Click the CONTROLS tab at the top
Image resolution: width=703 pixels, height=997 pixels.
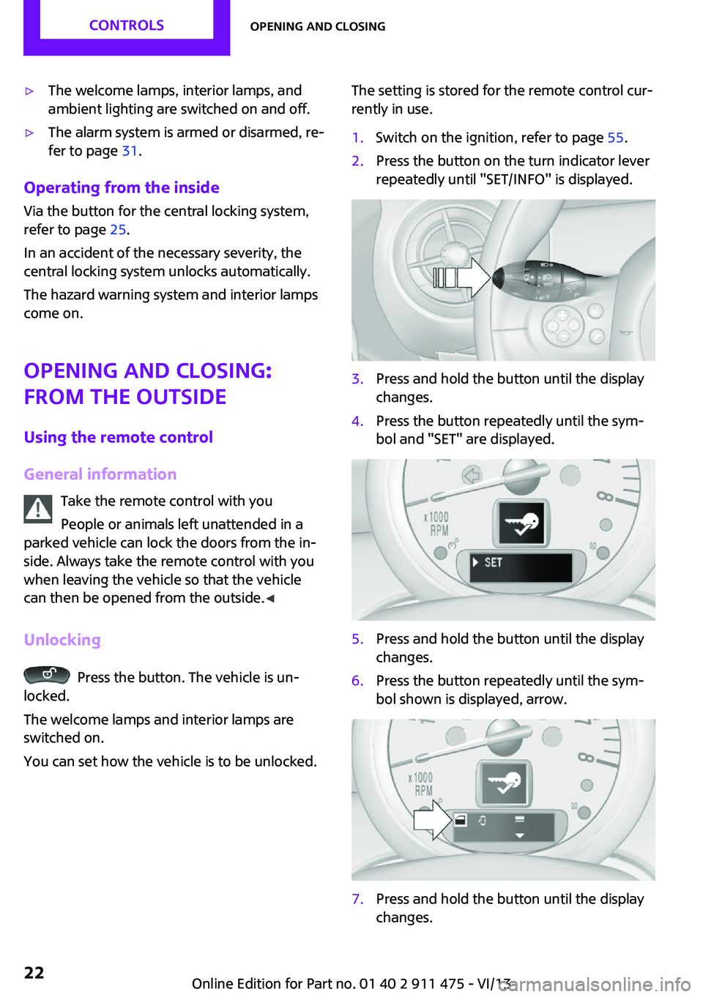(x=126, y=25)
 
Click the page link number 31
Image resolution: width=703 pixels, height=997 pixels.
(x=130, y=151)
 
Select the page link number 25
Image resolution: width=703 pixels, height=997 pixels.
(x=118, y=230)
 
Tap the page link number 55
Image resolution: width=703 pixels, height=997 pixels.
(x=615, y=138)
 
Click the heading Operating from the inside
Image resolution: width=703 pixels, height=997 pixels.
(x=122, y=187)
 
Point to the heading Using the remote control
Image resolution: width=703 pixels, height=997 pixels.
(x=119, y=437)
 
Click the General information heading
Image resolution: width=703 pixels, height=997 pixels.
(x=100, y=474)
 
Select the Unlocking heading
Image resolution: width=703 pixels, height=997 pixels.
(x=62, y=640)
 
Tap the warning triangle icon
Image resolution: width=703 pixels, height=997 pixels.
(x=38, y=509)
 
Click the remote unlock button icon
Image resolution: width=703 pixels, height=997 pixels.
(x=47, y=675)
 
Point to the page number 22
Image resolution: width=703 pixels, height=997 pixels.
(x=34, y=972)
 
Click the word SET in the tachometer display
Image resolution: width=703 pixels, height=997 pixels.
(x=493, y=562)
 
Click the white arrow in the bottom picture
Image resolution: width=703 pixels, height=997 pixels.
(x=432, y=819)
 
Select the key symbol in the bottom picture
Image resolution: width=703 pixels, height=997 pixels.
(x=503, y=783)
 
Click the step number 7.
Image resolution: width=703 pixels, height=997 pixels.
(x=357, y=899)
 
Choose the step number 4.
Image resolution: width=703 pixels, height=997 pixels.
(x=357, y=421)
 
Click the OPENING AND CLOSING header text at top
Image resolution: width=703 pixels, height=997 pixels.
(x=318, y=26)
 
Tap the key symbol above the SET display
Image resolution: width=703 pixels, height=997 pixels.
(x=522, y=523)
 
